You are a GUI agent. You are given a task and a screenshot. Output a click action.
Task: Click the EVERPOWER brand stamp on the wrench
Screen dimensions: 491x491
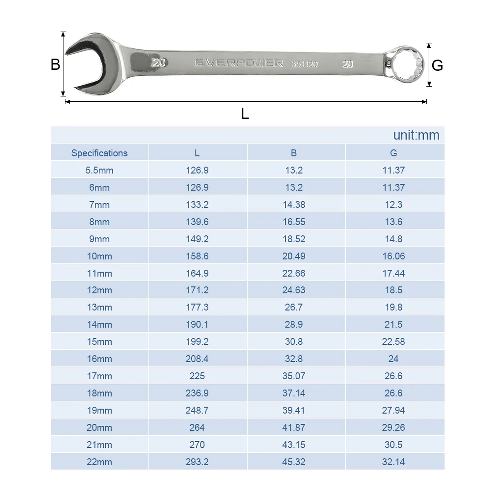coord(239,63)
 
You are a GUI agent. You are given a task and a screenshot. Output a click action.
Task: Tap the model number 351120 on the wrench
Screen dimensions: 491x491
coord(304,64)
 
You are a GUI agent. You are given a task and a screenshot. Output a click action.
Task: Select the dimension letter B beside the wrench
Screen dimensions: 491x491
coord(55,64)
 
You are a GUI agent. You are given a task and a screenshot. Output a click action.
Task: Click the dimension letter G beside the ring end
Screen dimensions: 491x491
coord(437,65)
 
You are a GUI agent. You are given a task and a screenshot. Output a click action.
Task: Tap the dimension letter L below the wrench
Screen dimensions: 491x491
coord(245,114)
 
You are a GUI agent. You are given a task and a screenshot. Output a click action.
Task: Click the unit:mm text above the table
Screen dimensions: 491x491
coord(416,135)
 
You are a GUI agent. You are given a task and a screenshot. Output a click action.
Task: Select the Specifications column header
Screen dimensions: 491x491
coord(99,153)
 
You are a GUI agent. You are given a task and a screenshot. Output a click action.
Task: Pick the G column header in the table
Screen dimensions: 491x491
coord(393,153)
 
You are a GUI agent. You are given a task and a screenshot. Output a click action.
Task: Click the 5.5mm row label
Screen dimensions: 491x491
coord(99,170)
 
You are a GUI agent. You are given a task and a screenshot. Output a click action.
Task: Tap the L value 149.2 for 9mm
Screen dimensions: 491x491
coord(197,239)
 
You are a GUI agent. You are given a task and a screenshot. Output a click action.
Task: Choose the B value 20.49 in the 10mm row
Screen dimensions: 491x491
coord(294,256)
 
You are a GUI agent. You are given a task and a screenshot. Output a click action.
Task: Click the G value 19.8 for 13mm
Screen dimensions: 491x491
coord(393,307)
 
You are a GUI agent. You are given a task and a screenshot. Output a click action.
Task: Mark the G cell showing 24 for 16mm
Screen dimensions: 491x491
coord(393,359)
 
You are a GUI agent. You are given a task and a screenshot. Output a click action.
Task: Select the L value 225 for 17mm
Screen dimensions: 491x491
coord(197,376)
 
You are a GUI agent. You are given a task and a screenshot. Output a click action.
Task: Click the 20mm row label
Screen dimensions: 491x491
coord(99,428)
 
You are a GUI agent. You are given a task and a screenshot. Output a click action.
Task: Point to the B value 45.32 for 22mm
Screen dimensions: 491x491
coord(294,462)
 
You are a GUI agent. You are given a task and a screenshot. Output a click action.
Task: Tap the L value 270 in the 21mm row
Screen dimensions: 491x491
coord(197,445)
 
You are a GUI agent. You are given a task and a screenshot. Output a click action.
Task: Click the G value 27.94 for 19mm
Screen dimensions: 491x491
coord(393,410)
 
